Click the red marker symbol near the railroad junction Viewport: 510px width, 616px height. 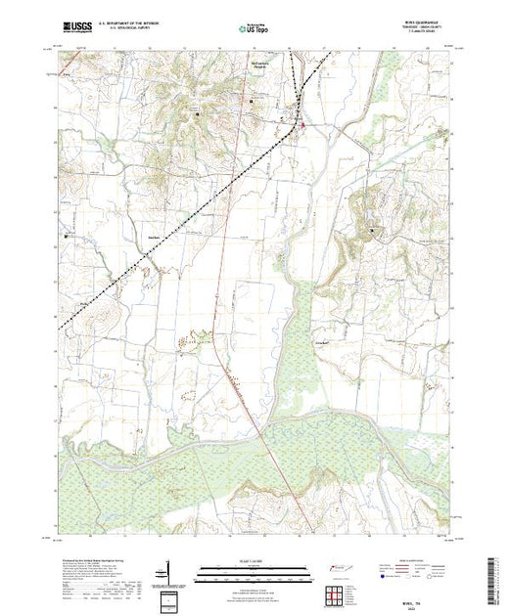(303, 125)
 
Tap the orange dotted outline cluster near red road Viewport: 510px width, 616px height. (203, 336)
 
